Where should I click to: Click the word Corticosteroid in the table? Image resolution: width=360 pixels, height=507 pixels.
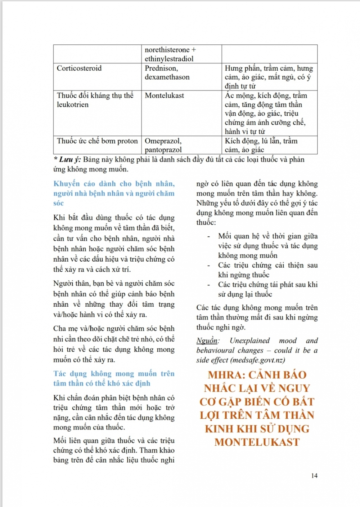click(x=79, y=68)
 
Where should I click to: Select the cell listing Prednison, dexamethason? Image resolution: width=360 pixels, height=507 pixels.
click(x=167, y=73)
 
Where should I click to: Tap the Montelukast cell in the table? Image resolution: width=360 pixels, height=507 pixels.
click(x=164, y=96)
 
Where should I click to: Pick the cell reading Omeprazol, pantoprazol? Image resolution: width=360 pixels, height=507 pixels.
click(x=163, y=145)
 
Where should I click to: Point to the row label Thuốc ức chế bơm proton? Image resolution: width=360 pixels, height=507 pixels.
click(x=97, y=141)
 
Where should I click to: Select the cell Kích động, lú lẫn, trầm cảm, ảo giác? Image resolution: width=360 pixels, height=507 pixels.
click(x=261, y=145)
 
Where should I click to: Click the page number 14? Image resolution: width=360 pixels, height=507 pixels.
click(x=314, y=476)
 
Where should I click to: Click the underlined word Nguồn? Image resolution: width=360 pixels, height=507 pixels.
click(x=207, y=341)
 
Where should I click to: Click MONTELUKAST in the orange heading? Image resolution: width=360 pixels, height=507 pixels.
click(x=257, y=442)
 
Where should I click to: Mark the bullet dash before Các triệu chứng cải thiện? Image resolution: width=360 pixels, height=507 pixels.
click(x=208, y=266)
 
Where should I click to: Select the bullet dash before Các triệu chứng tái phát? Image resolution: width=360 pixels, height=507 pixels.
click(x=208, y=285)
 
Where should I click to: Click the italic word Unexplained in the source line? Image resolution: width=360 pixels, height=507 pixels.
click(x=249, y=341)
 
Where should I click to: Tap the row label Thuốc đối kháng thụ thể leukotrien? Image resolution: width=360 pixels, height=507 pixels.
click(x=95, y=100)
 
